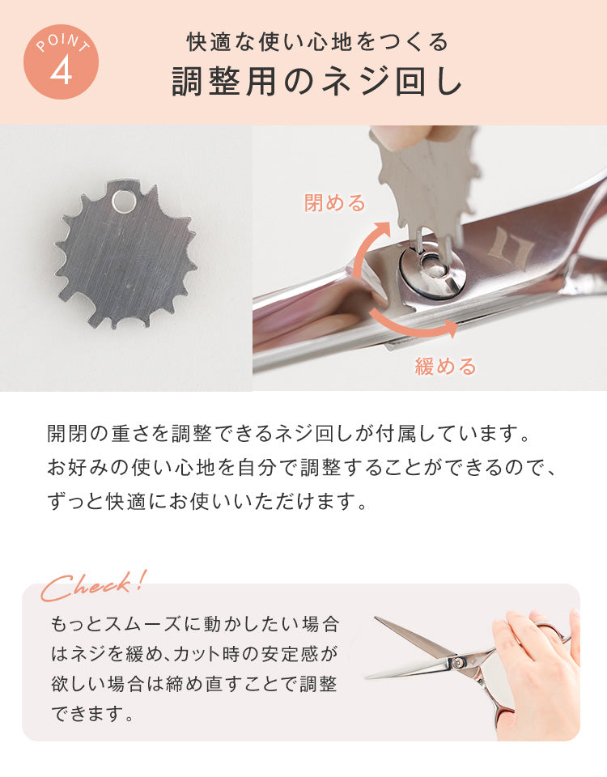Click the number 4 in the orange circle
tap(61, 71)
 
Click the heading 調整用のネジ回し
tap(317, 81)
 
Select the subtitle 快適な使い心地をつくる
tap(317, 42)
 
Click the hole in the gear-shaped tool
tap(123, 201)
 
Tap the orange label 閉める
tap(334, 202)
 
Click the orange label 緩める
tap(445, 366)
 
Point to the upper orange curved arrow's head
tap(380, 229)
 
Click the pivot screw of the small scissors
tap(457, 661)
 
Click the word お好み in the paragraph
tap(78, 467)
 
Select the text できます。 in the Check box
tap(92, 714)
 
